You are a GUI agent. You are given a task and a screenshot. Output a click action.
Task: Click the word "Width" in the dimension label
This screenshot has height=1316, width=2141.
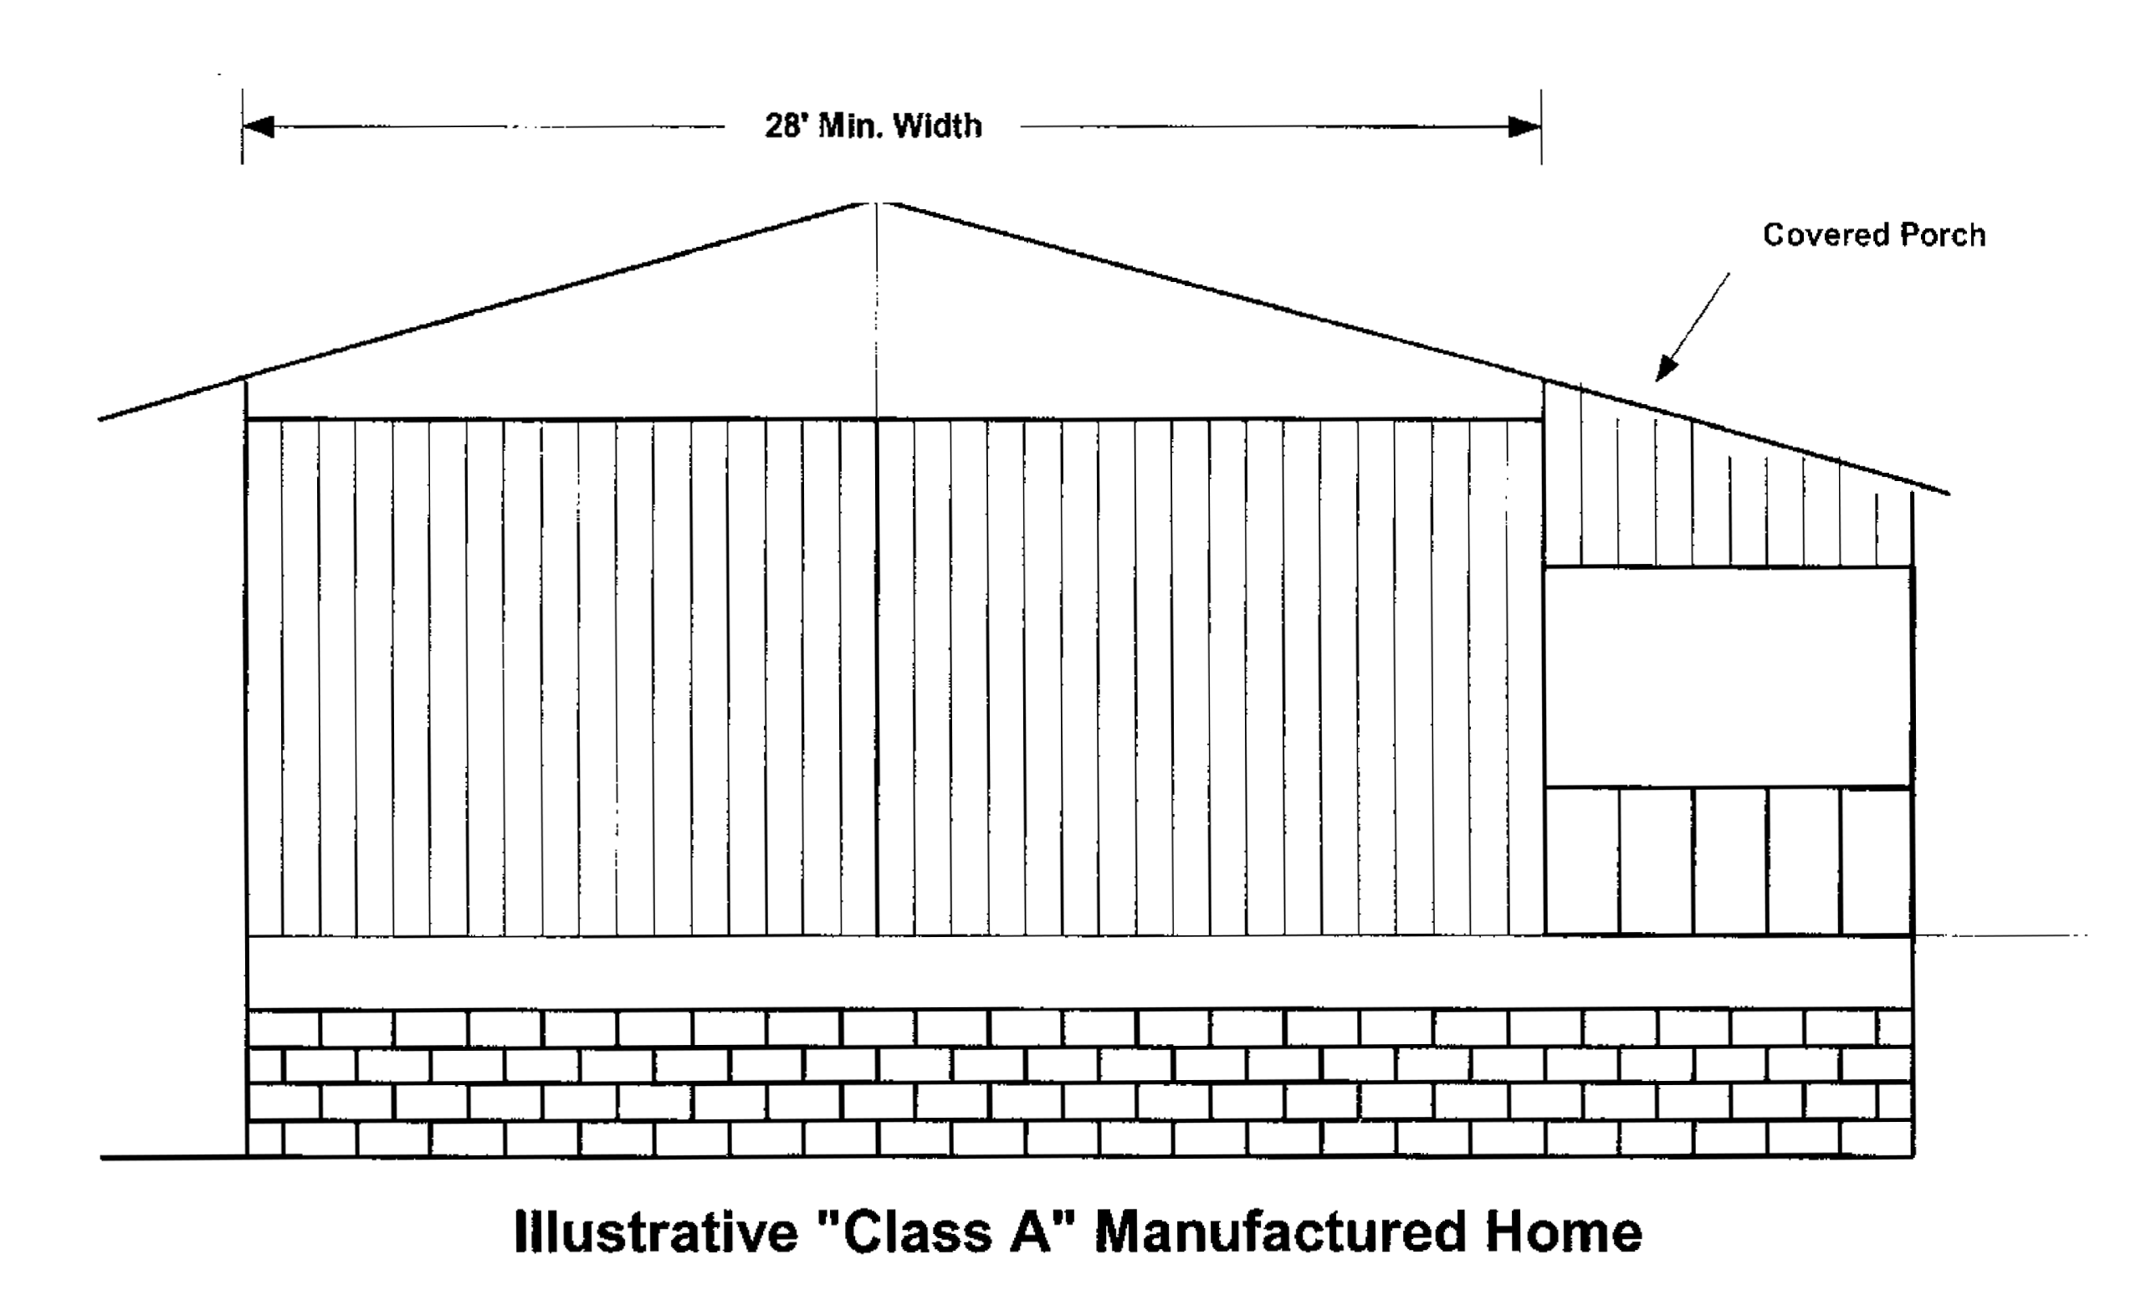click(937, 127)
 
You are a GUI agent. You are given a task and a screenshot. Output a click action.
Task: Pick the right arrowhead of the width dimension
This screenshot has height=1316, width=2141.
click(1525, 127)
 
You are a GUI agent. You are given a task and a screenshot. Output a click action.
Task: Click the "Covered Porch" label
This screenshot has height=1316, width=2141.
click(1874, 235)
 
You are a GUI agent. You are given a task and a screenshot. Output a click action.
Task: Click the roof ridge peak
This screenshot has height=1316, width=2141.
click(877, 203)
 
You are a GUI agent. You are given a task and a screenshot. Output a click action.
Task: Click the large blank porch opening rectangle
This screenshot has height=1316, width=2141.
click(1728, 677)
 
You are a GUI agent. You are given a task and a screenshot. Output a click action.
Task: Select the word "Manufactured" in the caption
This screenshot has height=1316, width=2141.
click(1279, 1232)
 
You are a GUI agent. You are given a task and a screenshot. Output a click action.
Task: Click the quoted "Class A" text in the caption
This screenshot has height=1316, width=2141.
click(945, 1232)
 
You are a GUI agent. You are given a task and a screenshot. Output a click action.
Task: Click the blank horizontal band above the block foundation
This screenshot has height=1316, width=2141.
click(1079, 972)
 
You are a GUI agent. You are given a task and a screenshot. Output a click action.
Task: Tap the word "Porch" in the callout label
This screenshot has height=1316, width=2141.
click(1943, 235)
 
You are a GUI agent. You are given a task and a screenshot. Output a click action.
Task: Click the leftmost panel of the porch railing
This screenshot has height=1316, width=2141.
click(1582, 861)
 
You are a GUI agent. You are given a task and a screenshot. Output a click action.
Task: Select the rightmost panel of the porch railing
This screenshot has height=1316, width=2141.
click(1877, 861)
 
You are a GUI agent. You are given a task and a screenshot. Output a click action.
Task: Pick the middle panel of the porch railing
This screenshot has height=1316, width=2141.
click(1730, 861)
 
